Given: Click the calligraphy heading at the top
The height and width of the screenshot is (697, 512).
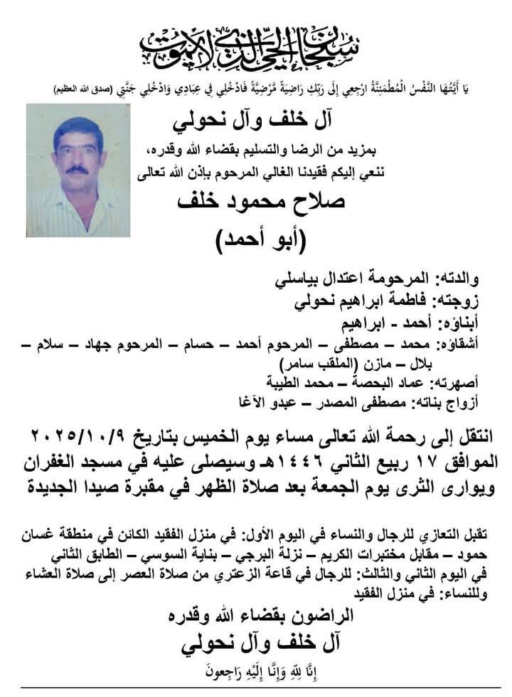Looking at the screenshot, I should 256,44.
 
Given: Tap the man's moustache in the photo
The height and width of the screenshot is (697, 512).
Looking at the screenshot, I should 78,172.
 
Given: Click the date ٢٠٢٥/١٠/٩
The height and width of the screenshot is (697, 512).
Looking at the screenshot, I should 82,433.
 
